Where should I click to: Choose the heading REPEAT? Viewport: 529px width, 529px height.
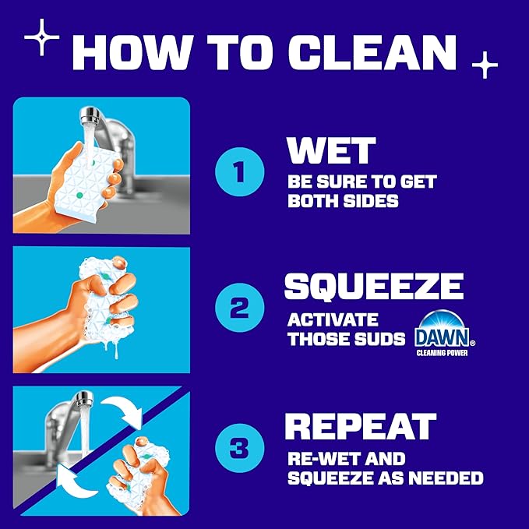359,426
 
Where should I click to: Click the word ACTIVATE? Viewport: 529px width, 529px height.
333,319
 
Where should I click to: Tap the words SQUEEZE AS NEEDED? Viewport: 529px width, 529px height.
385,478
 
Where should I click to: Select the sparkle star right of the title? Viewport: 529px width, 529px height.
484,65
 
